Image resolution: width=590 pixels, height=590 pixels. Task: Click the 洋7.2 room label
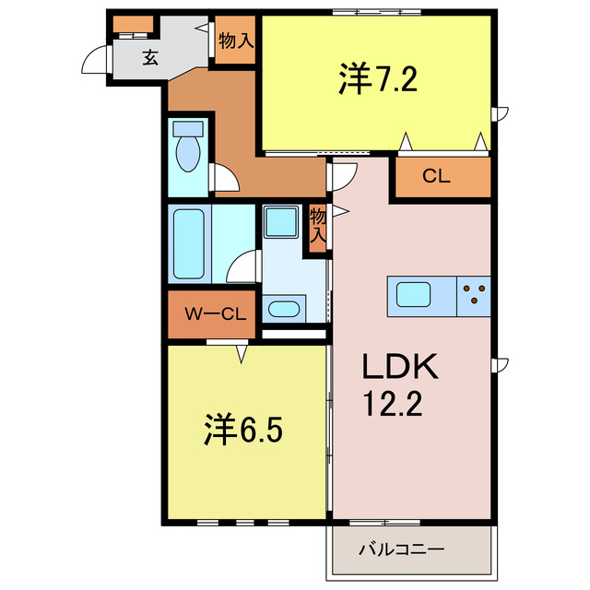(x=379, y=81)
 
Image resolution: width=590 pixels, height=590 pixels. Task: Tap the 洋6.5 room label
(x=237, y=430)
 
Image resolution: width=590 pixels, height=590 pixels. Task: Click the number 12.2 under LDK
(x=391, y=405)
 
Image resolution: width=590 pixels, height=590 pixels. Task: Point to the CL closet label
(x=436, y=177)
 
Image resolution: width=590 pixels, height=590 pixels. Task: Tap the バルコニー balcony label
(x=402, y=549)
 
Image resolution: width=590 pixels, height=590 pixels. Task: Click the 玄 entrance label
(x=149, y=57)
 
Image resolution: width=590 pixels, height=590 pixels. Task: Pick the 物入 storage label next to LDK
(x=318, y=226)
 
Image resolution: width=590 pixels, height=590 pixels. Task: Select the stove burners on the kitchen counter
(x=475, y=294)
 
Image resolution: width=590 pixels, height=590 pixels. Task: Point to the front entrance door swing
(x=95, y=60)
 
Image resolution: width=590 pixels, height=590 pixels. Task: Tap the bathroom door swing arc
(x=243, y=267)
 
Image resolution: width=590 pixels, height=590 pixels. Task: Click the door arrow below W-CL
(x=242, y=351)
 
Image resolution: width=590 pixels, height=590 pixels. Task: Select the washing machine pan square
(x=279, y=221)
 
